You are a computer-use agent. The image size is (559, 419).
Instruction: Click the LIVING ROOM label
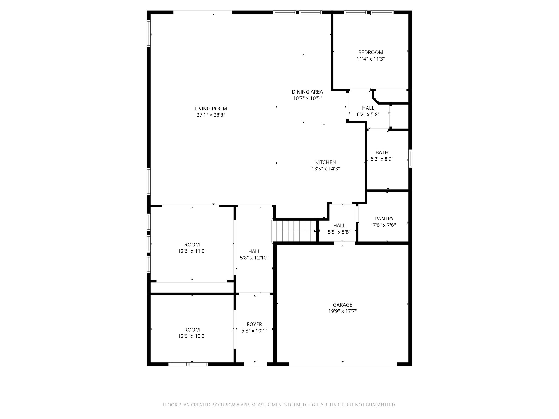211,109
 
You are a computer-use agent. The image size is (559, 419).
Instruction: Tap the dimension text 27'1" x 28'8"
211,115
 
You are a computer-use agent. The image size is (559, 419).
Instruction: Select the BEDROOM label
370,52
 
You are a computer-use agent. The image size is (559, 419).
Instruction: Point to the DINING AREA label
307,92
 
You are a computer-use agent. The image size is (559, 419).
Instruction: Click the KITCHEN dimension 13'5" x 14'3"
325,169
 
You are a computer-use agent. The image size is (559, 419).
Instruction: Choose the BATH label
382,153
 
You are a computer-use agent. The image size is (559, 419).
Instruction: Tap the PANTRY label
384,219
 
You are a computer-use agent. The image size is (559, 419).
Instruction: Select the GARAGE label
342,305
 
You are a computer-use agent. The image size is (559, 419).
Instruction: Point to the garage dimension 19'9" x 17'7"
342,311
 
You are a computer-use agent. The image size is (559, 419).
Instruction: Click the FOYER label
254,324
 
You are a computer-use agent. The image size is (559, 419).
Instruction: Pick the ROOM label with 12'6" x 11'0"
192,245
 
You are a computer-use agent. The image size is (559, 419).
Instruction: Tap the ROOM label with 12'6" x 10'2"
192,330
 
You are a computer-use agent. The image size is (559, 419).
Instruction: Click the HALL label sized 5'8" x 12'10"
254,251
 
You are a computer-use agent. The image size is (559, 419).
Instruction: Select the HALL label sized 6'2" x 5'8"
368,108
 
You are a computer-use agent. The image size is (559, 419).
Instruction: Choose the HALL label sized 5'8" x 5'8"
339,226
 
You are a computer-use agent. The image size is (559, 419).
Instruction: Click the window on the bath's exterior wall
410,158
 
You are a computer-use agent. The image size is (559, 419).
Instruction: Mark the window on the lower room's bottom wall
188,364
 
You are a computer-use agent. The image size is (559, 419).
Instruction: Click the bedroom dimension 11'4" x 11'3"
370,59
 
